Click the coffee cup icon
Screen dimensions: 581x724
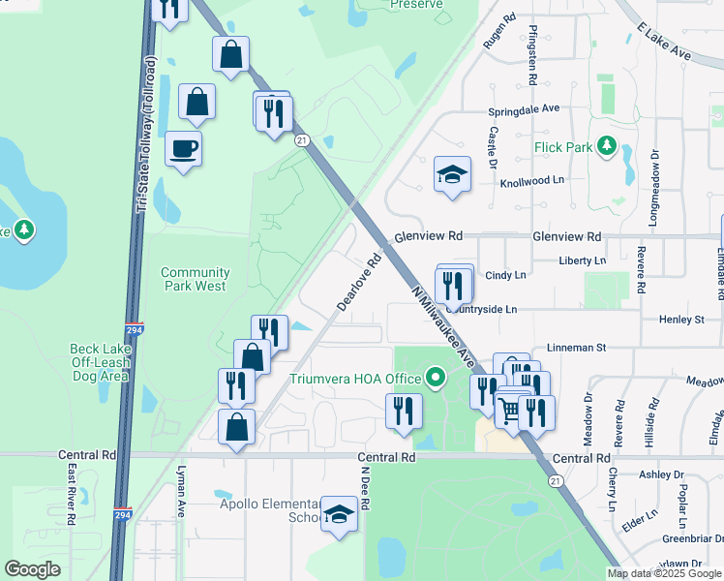[x=183, y=149]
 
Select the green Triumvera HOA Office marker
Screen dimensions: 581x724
[x=436, y=377]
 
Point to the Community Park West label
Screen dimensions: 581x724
[x=195, y=280]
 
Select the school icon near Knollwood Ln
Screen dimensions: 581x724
[x=452, y=174]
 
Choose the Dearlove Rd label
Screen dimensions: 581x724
[x=360, y=282]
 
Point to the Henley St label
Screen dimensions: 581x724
[x=681, y=319]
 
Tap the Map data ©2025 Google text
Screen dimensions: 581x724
[x=663, y=573]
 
